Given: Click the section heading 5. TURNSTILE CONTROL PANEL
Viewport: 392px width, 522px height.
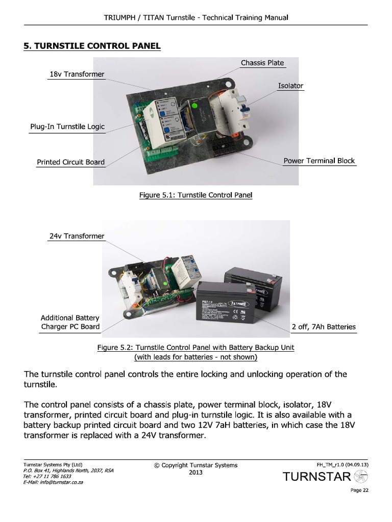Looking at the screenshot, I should pyautogui.click(x=92, y=46).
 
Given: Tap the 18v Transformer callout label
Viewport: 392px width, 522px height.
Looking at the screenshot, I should pyautogui.click(x=77, y=74).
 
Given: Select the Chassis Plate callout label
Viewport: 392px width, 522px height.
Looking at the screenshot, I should pyautogui.click(x=262, y=63).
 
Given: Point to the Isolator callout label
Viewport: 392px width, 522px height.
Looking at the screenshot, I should pyautogui.click(x=290, y=86).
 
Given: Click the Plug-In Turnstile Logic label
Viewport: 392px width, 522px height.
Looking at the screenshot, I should pyautogui.click(x=67, y=126).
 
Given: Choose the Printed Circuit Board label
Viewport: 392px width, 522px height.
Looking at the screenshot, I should pyautogui.click(x=70, y=162).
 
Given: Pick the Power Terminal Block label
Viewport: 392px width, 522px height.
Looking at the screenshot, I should pyautogui.click(x=319, y=161).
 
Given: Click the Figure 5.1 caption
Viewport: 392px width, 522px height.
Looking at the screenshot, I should pyautogui.click(x=196, y=195).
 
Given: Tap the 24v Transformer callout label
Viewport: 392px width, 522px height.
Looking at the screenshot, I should pyautogui.click(x=77, y=236).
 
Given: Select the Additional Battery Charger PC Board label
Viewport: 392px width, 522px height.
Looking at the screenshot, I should pyautogui.click(x=70, y=322).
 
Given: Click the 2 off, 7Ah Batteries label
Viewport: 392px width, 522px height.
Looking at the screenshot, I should pyautogui.click(x=324, y=327).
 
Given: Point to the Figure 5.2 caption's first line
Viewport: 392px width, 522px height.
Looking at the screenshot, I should pyautogui.click(x=196, y=348).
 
